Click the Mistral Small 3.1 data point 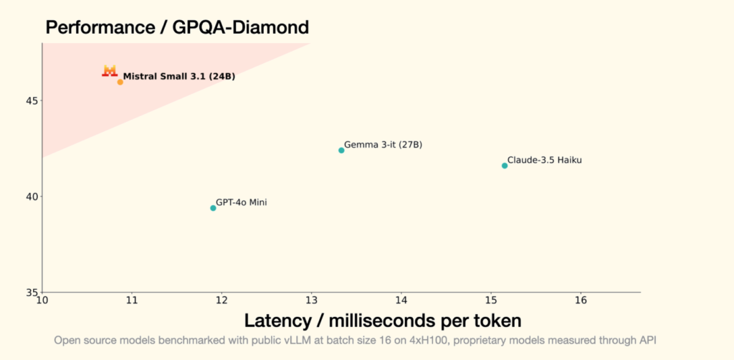click(x=120, y=82)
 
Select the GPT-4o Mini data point click(x=213, y=208)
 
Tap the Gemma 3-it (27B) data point click(x=341, y=150)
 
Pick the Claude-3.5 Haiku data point click(x=505, y=166)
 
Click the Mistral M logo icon click(x=110, y=70)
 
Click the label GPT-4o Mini click(x=241, y=203)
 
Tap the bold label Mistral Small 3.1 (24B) click(x=178, y=76)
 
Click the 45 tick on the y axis click(x=32, y=100)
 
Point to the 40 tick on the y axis click(x=32, y=196)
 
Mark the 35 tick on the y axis click(x=32, y=293)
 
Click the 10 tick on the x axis click(x=42, y=299)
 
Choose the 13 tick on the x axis click(x=311, y=299)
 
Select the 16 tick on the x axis click(x=581, y=299)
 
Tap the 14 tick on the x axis click(x=401, y=299)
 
